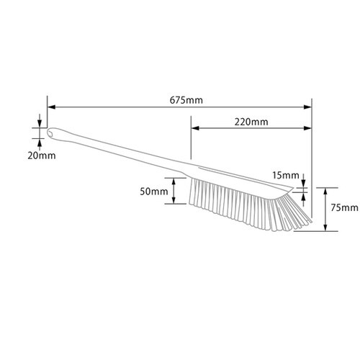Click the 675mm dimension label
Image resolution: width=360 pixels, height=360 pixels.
186,100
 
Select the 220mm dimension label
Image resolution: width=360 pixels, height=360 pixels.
251,122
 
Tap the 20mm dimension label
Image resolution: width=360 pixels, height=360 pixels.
42,156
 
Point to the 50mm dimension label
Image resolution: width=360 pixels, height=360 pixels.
154,192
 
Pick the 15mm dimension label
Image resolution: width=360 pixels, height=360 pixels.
286,176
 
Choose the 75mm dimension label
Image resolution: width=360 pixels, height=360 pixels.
345,207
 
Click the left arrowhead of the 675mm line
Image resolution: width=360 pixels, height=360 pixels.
51,107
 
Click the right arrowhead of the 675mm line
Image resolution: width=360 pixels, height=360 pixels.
307,107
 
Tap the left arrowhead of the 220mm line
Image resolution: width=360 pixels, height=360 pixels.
195,128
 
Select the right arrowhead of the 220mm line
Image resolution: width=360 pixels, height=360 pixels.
307,128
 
